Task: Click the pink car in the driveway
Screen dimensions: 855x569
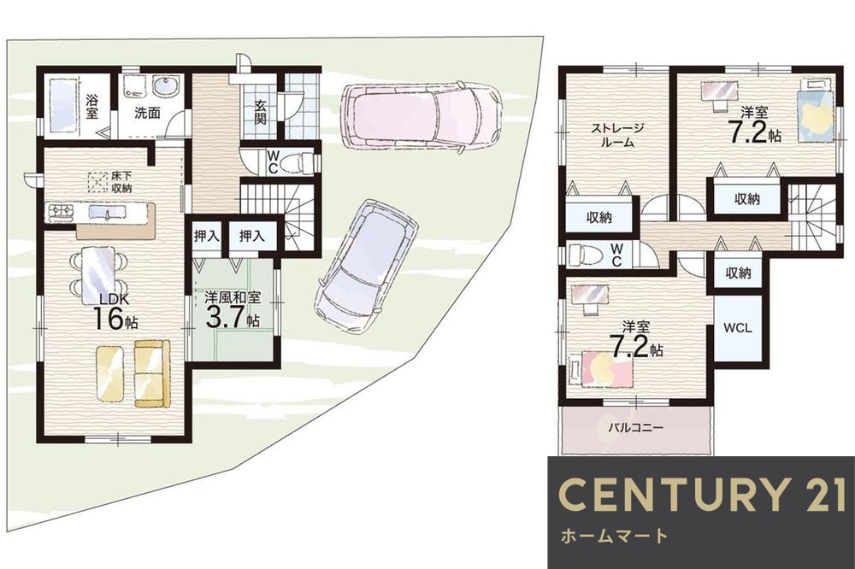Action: (420, 115)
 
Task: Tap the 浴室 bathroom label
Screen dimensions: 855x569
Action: (92, 106)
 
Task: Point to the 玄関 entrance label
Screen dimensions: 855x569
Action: (261, 112)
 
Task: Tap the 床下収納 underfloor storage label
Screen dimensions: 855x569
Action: (121, 182)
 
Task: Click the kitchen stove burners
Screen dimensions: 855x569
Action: (61, 212)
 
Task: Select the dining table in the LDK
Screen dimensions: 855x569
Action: (98, 276)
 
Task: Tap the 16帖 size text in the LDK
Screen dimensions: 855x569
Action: (115, 319)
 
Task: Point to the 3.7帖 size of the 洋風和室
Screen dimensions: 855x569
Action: (233, 317)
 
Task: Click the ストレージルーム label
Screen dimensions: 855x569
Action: (617, 136)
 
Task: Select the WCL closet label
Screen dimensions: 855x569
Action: (737, 327)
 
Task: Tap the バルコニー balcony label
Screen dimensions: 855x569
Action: (636, 427)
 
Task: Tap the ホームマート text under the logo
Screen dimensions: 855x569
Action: (614, 536)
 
